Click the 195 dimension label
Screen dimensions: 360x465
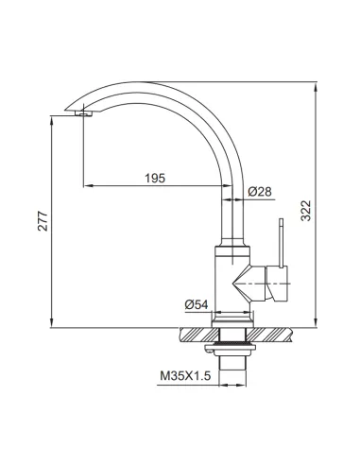(155, 179)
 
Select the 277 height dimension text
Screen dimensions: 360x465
(43, 221)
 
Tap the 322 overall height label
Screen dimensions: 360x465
(306, 211)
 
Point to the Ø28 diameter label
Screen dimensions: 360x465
(260, 192)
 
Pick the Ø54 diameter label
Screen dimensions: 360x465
(197, 304)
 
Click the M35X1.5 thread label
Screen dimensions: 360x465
(185, 376)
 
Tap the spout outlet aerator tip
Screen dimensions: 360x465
(83, 113)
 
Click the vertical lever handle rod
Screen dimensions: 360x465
(282, 243)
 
